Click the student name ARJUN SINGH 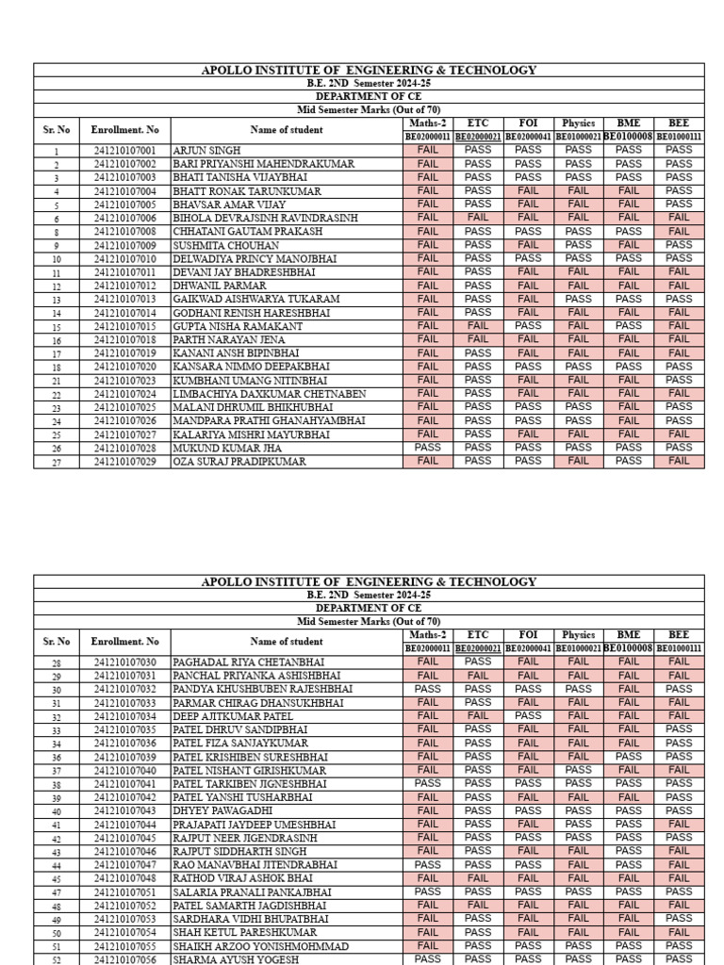206,151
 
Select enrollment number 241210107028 124,449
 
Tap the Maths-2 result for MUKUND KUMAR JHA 427,448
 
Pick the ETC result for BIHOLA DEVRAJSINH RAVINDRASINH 478,218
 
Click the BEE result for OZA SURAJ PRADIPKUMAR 679,461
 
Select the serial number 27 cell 57,462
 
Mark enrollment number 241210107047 124,865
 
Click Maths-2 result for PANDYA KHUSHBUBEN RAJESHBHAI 427,689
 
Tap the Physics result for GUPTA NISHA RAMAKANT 578,326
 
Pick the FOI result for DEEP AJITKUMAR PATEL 528,716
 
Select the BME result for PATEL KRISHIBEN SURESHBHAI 628,757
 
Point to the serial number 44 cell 57,865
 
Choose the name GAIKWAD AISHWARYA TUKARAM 255,299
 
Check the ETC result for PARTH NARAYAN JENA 478,339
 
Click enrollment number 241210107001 124,151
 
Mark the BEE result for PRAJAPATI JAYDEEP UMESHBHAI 679,825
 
